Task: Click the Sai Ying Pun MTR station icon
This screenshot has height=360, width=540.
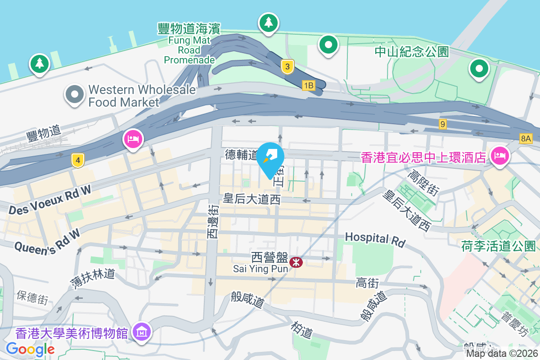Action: [x=296, y=262]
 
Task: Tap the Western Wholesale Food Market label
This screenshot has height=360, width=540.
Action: [x=142, y=96]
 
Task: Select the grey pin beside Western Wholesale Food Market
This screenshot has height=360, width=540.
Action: [x=75, y=94]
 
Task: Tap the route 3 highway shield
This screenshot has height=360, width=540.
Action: [x=287, y=67]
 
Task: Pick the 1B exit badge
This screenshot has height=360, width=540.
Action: [x=308, y=85]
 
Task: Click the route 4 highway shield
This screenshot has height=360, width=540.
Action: [x=78, y=160]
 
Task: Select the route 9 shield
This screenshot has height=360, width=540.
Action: [x=443, y=124]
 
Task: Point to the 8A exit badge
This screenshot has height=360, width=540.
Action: [x=525, y=139]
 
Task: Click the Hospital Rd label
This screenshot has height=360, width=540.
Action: [x=375, y=239]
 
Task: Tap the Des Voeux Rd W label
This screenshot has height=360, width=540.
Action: [x=49, y=200]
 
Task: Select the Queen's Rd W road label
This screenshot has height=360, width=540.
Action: [x=47, y=241]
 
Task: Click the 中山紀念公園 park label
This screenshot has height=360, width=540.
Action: [x=412, y=52]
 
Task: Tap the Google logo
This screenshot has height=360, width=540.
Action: [x=30, y=349]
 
